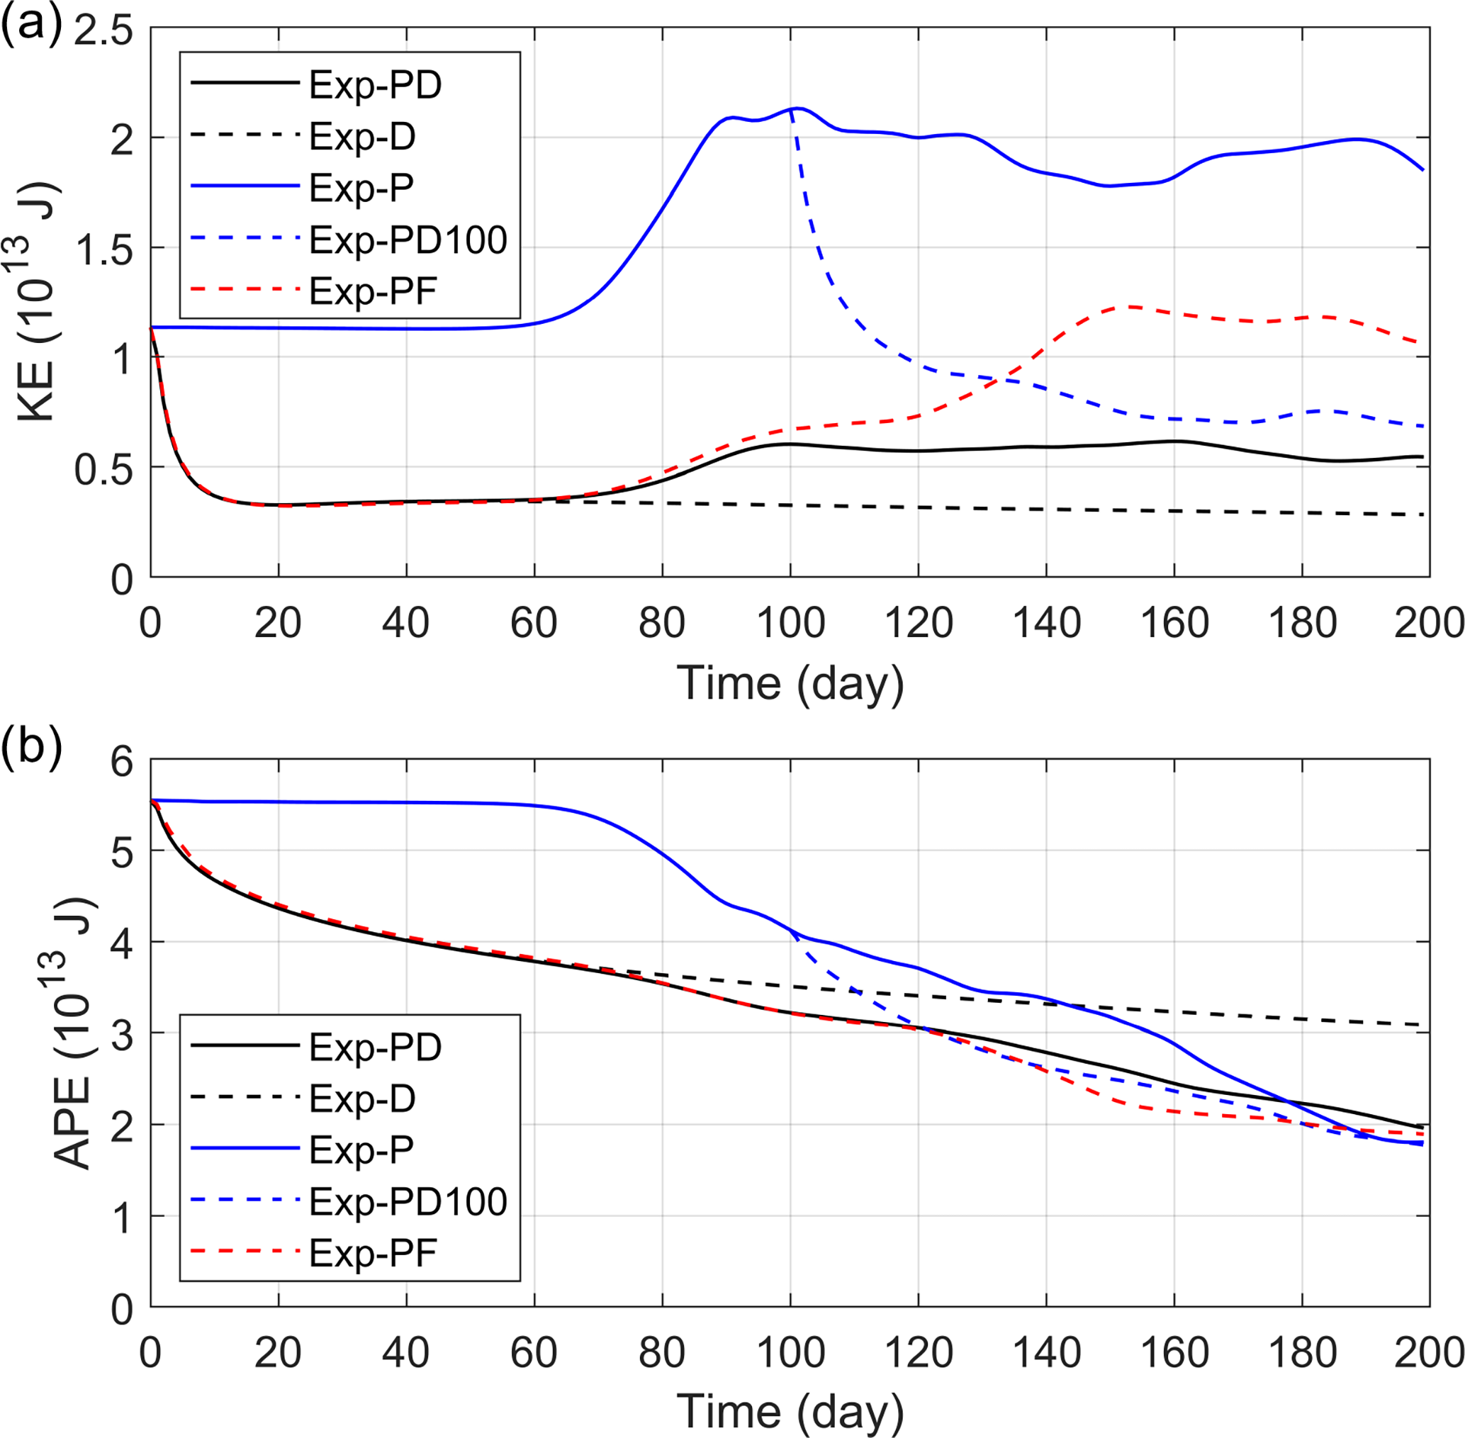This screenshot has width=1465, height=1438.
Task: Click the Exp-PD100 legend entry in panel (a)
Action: pyautogui.click(x=408, y=240)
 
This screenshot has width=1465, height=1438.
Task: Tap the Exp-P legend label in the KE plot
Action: pyautogui.click(x=361, y=188)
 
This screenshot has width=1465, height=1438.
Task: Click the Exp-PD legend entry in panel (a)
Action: pyautogui.click(x=374, y=85)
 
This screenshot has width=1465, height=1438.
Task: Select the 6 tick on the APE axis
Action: pyautogui.click(x=122, y=761)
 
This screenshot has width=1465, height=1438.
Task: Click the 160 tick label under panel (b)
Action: pyautogui.click(x=1174, y=1352)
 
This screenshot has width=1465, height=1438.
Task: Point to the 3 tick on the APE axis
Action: pyautogui.click(x=122, y=1034)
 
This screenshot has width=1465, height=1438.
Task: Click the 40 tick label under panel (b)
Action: pyautogui.click(x=406, y=1352)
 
